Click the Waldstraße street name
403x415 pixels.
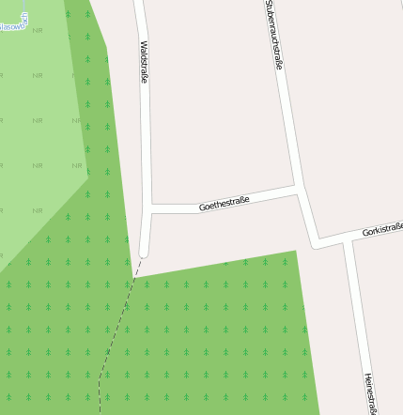[144, 62]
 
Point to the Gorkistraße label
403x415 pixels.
[382, 228]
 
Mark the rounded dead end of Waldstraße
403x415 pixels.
[144, 251]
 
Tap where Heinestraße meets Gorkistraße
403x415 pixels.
[347, 241]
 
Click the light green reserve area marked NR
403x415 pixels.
[38, 122]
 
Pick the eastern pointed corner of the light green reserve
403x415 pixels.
[87, 175]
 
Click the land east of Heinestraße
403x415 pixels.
[387, 310]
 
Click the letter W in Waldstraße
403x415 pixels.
[143, 43]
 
